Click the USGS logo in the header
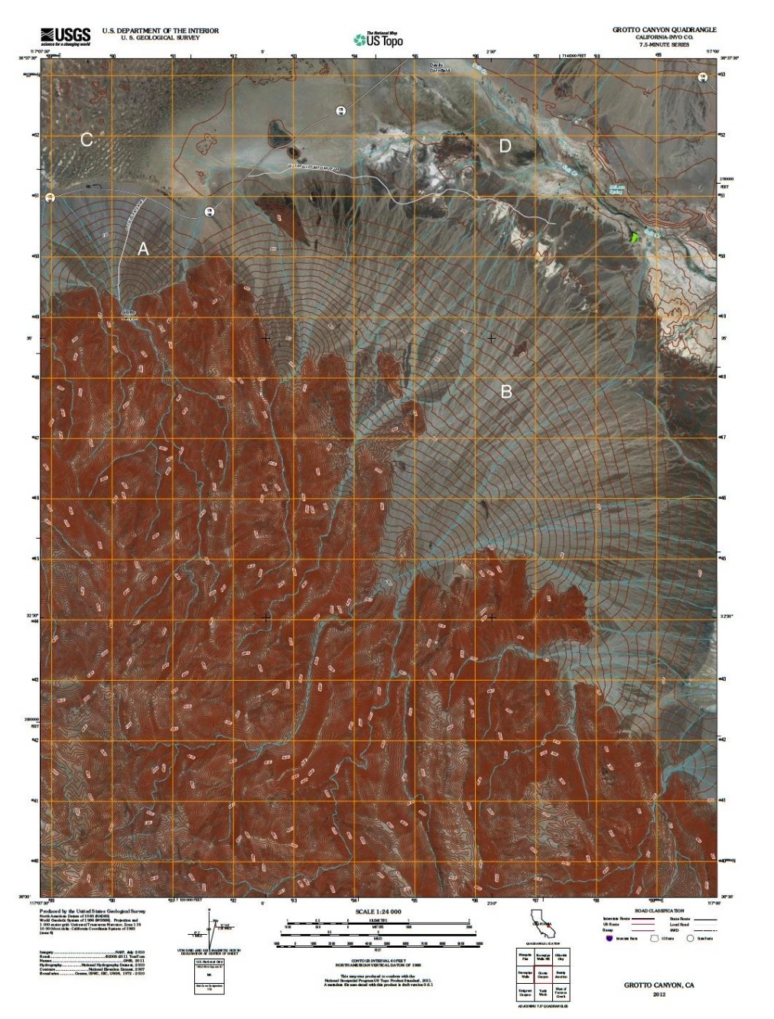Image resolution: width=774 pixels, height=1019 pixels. [65, 35]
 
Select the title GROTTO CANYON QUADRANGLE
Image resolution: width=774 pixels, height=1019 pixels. [664, 30]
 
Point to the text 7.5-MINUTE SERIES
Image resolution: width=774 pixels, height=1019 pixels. [664, 44]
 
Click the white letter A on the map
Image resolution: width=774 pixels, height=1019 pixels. [142, 249]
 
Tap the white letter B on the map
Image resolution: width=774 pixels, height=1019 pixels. [506, 392]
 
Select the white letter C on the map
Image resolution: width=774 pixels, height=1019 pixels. [86, 139]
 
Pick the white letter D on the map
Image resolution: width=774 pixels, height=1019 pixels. [505, 145]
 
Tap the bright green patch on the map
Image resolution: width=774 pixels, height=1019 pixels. [633, 237]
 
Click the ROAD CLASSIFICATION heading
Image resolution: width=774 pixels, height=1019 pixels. [655, 912]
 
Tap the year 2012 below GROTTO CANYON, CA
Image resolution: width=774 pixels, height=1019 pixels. [659, 994]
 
